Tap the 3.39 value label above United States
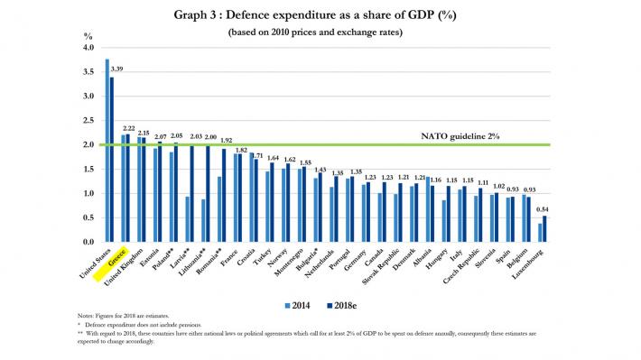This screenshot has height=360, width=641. click(116, 68)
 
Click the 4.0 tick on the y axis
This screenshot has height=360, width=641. click(89, 47)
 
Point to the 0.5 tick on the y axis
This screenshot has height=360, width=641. click(89, 217)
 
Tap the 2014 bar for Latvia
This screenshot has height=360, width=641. click(187, 219)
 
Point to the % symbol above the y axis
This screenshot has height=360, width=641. click(88, 35)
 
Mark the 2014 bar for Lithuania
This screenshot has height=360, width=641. click(203, 220)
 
